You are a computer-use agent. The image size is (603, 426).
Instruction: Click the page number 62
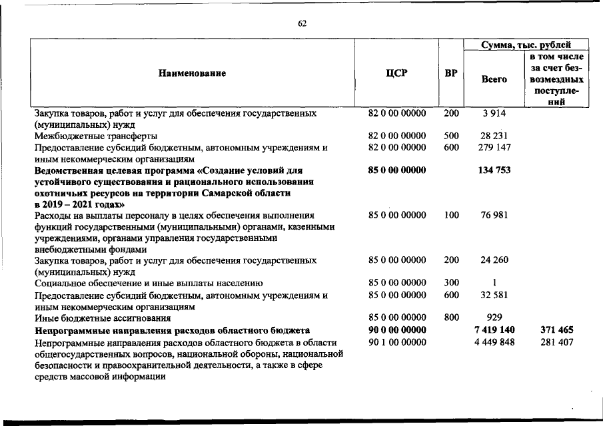pyautogui.click(x=302, y=24)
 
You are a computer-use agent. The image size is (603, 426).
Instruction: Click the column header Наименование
pyautogui.click(x=192, y=73)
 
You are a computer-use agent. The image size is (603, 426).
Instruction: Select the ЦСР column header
pyautogui.click(x=396, y=73)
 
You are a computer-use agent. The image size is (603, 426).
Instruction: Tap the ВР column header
pyautogui.click(x=451, y=73)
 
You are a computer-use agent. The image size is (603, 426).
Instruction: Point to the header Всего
pyautogui.click(x=494, y=79)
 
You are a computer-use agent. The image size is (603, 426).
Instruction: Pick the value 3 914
pyautogui.click(x=494, y=114)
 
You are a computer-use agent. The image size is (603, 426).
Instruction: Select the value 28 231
pyautogui.click(x=494, y=136)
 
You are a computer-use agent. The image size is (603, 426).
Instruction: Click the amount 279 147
pyautogui.click(x=494, y=147)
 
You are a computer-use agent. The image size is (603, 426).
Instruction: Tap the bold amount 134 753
pyautogui.click(x=494, y=170)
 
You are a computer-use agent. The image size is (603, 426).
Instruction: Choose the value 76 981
pyautogui.click(x=494, y=215)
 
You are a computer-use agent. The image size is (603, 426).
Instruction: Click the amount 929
pyautogui.click(x=494, y=318)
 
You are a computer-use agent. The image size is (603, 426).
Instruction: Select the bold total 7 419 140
pyautogui.click(x=494, y=329)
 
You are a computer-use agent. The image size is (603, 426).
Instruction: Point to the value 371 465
pyautogui.click(x=557, y=329)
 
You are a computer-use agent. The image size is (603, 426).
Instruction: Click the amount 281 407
pyautogui.click(x=557, y=342)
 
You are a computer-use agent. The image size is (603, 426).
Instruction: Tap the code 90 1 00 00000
pyautogui.click(x=396, y=342)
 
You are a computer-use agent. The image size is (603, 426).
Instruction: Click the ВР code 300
pyautogui.click(x=451, y=283)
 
